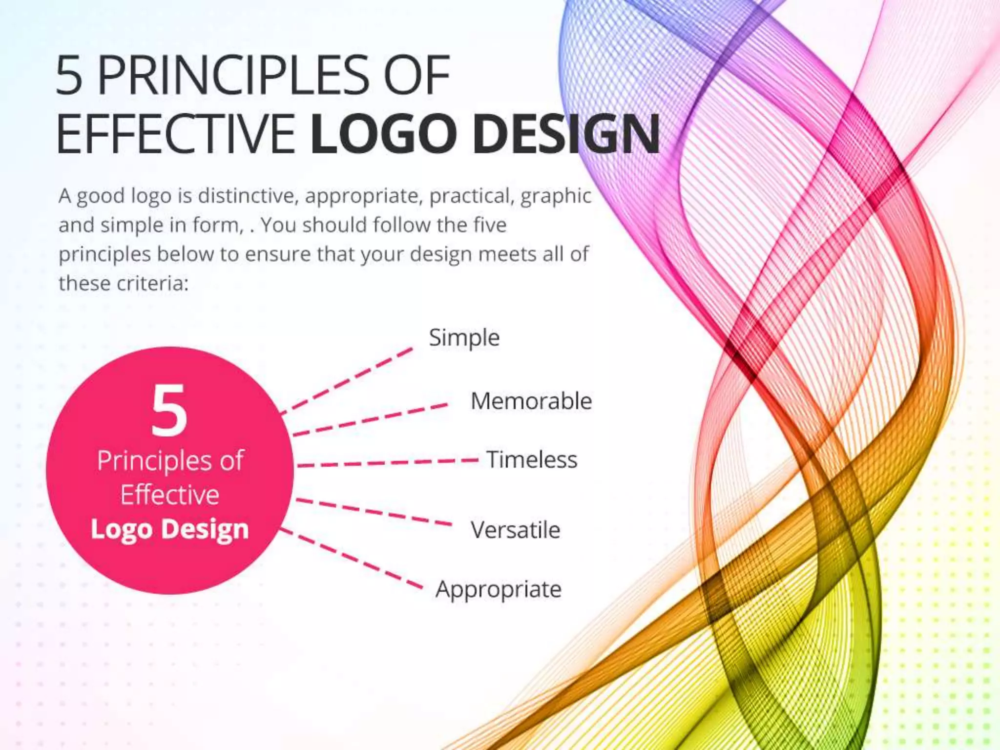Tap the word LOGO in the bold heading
(383, 133)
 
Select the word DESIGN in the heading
(566, 133)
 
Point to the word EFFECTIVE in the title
(176, 133)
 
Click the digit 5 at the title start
(69, 76)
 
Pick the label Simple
(464, 338)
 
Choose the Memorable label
(531, 401)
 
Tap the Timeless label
(532, 460)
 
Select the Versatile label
(515, 530)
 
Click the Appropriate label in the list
(498, 589)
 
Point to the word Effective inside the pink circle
(169, 495)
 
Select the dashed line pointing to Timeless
(388, 462)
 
